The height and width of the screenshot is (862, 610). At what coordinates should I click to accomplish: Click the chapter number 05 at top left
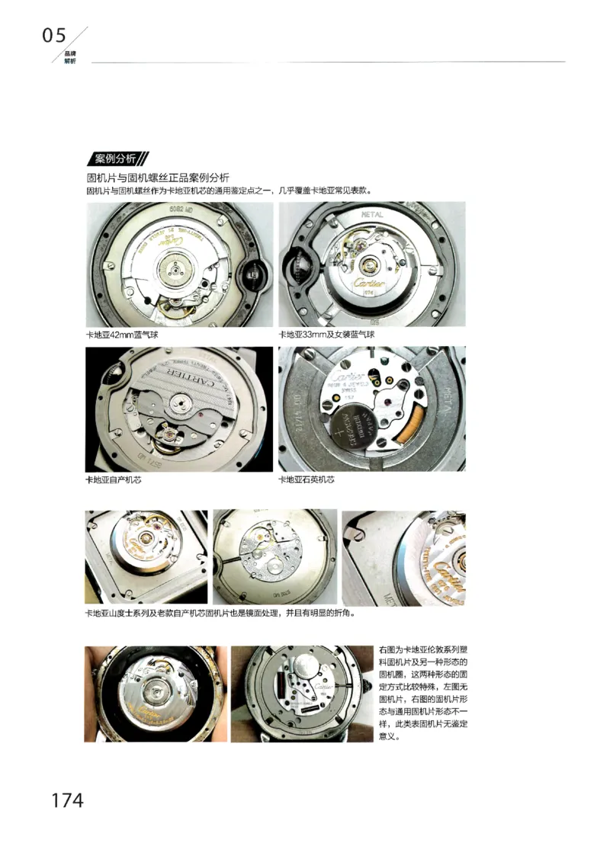click(x=54, y=35)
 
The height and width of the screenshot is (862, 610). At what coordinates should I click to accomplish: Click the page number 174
click(x=67, y=800)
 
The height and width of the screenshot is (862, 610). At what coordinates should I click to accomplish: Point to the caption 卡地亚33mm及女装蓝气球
click(x=326, y=335)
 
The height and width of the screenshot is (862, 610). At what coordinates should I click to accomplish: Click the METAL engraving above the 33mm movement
click(x=371, y=216)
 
